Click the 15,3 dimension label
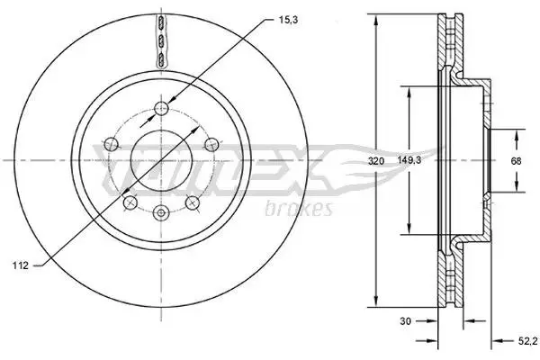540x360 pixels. pos(288,21)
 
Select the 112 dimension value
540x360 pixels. pos(21,265)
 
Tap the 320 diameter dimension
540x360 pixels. pos(375,160)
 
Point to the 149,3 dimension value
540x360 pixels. pos(409,160)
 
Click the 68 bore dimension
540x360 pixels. pos(516,160)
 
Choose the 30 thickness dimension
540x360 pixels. pos(405,321)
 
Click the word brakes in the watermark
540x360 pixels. pos(299,209)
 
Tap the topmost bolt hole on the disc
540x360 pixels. pos(161,109)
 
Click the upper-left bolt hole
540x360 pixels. pos(112,144)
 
